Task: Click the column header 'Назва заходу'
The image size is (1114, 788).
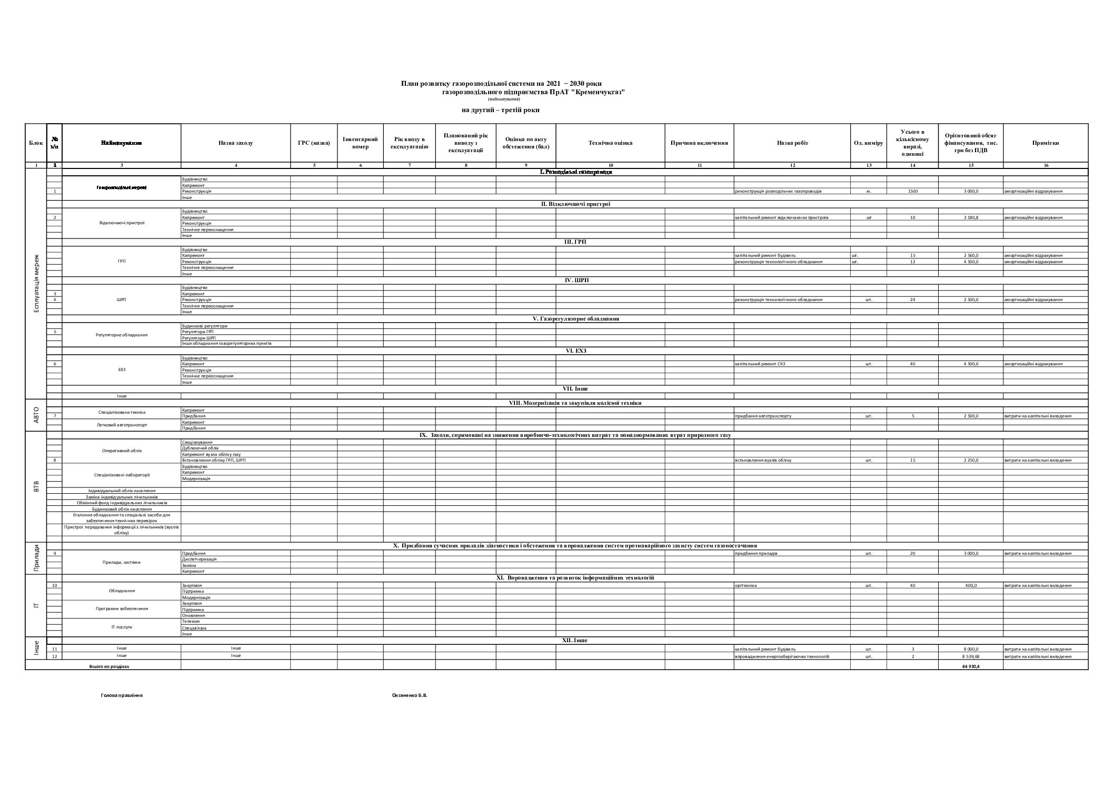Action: click(235, 143)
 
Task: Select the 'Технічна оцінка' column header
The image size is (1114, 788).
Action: click(610, 143)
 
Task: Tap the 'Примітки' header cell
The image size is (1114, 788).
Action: click(1046, 143)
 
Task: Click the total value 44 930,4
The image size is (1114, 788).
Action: click(971, 666)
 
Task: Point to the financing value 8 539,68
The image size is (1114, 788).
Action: click(971, 656)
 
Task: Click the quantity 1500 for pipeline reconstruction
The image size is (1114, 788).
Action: click(912, 191)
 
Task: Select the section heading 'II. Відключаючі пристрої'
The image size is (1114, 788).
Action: click(575, 204)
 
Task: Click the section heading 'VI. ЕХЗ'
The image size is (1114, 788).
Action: click(575, 351)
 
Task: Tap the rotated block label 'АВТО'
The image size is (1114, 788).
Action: click(36, 416)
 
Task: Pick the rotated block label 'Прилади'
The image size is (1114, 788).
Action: click(36, 558)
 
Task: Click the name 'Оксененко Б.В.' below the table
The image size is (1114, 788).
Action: click(410, 695)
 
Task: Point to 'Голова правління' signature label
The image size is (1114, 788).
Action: click(122, 695)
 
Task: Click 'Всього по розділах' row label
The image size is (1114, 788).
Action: click(109, 666)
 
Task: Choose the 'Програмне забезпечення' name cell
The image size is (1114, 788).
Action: click(122, 609)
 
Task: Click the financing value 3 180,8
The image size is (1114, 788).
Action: click(971, 217)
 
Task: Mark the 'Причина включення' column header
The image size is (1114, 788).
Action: click(699, 143)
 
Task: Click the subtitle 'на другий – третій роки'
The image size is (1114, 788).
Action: click(500, 110)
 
